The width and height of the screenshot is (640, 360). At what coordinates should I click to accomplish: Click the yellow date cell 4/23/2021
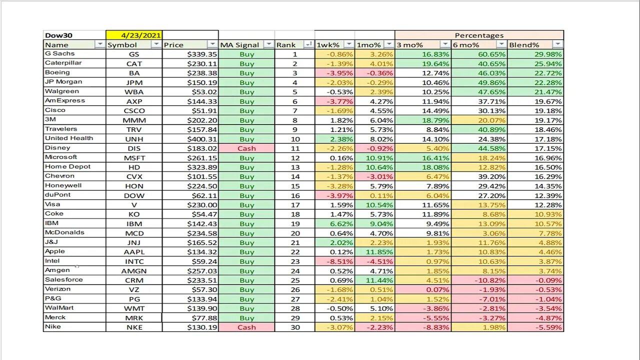point(134,35)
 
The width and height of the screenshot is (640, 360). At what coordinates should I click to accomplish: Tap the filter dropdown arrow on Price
point(212,45)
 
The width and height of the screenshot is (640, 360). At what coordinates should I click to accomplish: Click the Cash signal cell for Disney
point(246,148)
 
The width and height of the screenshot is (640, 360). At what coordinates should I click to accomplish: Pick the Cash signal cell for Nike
point(246,327)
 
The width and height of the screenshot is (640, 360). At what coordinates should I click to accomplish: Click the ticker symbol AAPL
point(133,252)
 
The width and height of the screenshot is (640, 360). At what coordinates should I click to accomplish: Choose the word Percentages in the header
point(479,35)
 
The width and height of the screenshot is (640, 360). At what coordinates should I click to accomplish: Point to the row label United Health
point(69,138)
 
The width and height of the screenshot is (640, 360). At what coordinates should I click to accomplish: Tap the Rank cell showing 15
point(294,186)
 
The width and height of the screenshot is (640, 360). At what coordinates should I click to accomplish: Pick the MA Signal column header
point(239,45)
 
